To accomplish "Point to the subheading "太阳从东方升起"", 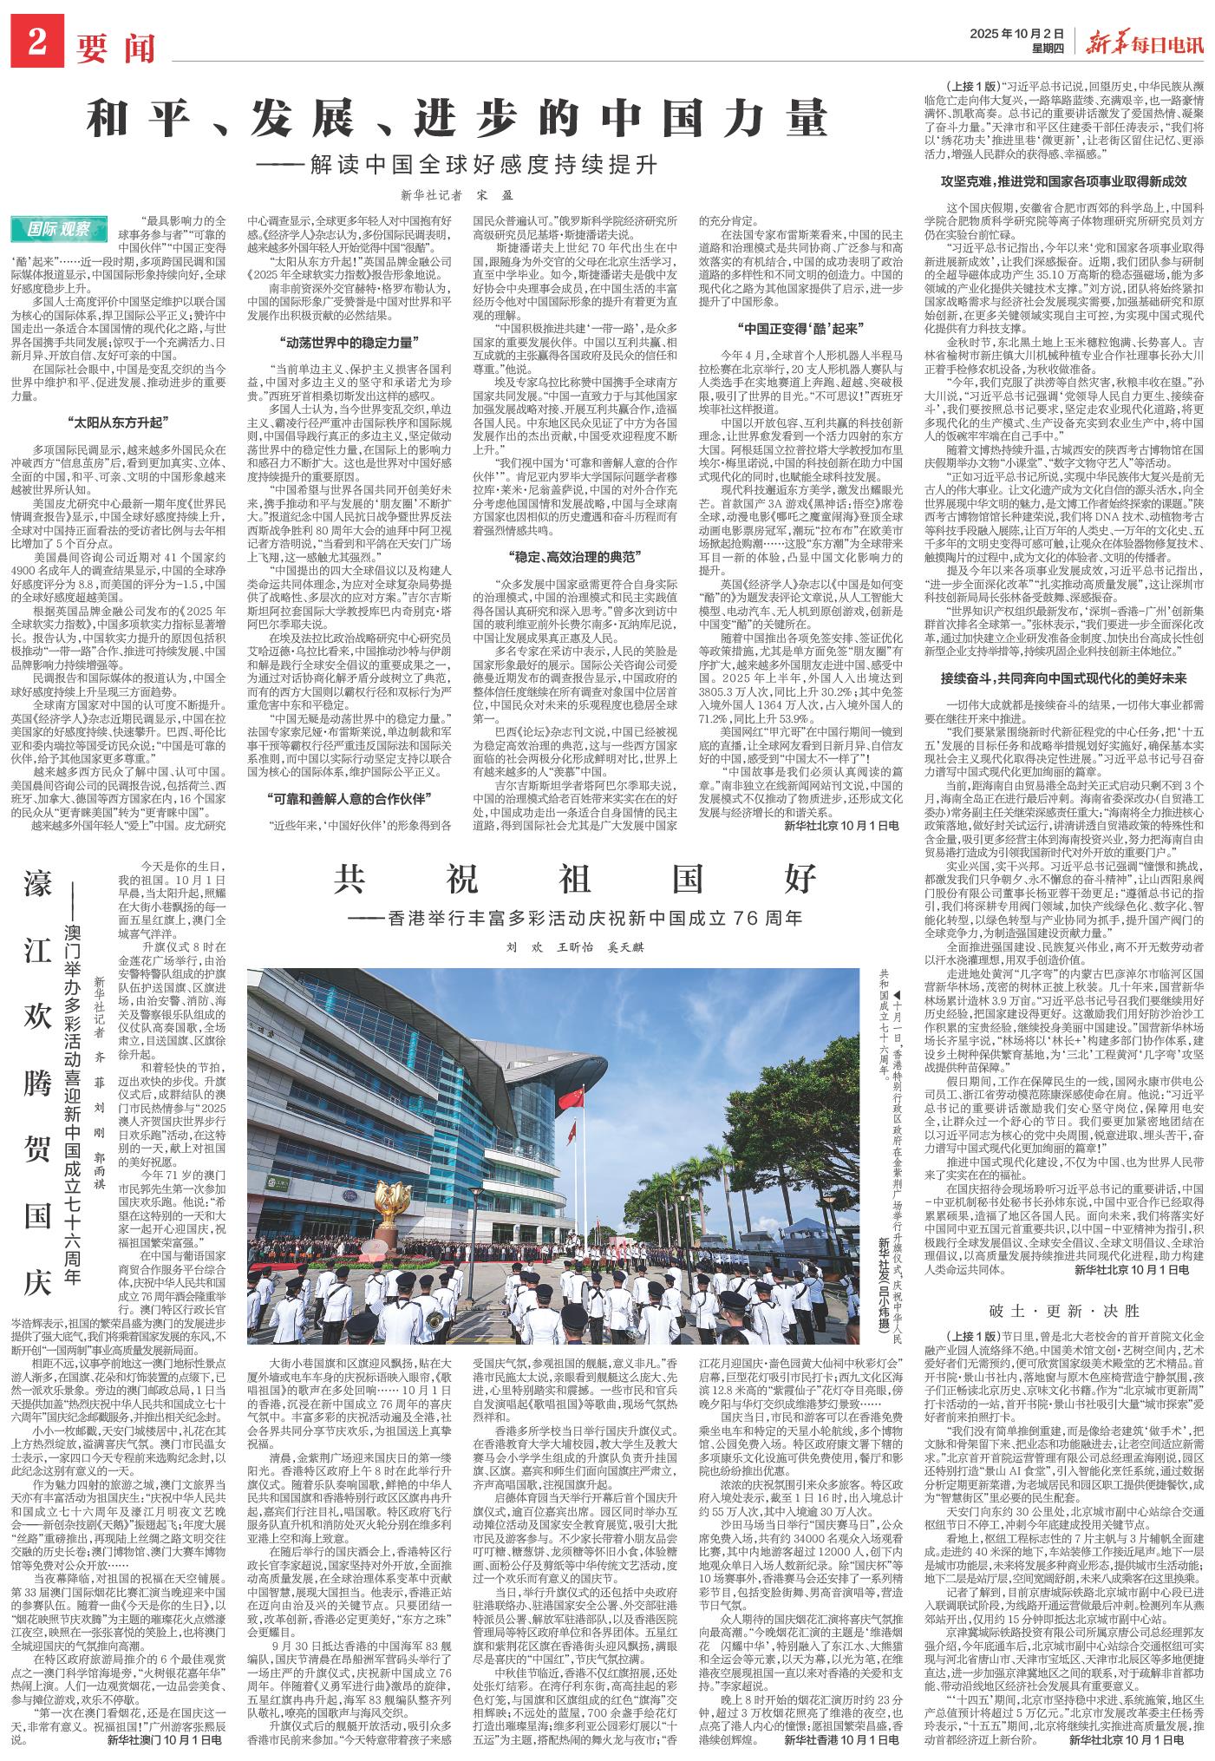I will (x=115, y=422).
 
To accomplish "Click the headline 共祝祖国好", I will (x=574, y=880).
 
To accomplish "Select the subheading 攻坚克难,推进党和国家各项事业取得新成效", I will (x=1063, y=181).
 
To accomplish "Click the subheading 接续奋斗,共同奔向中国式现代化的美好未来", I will (x=1063, y=678).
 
